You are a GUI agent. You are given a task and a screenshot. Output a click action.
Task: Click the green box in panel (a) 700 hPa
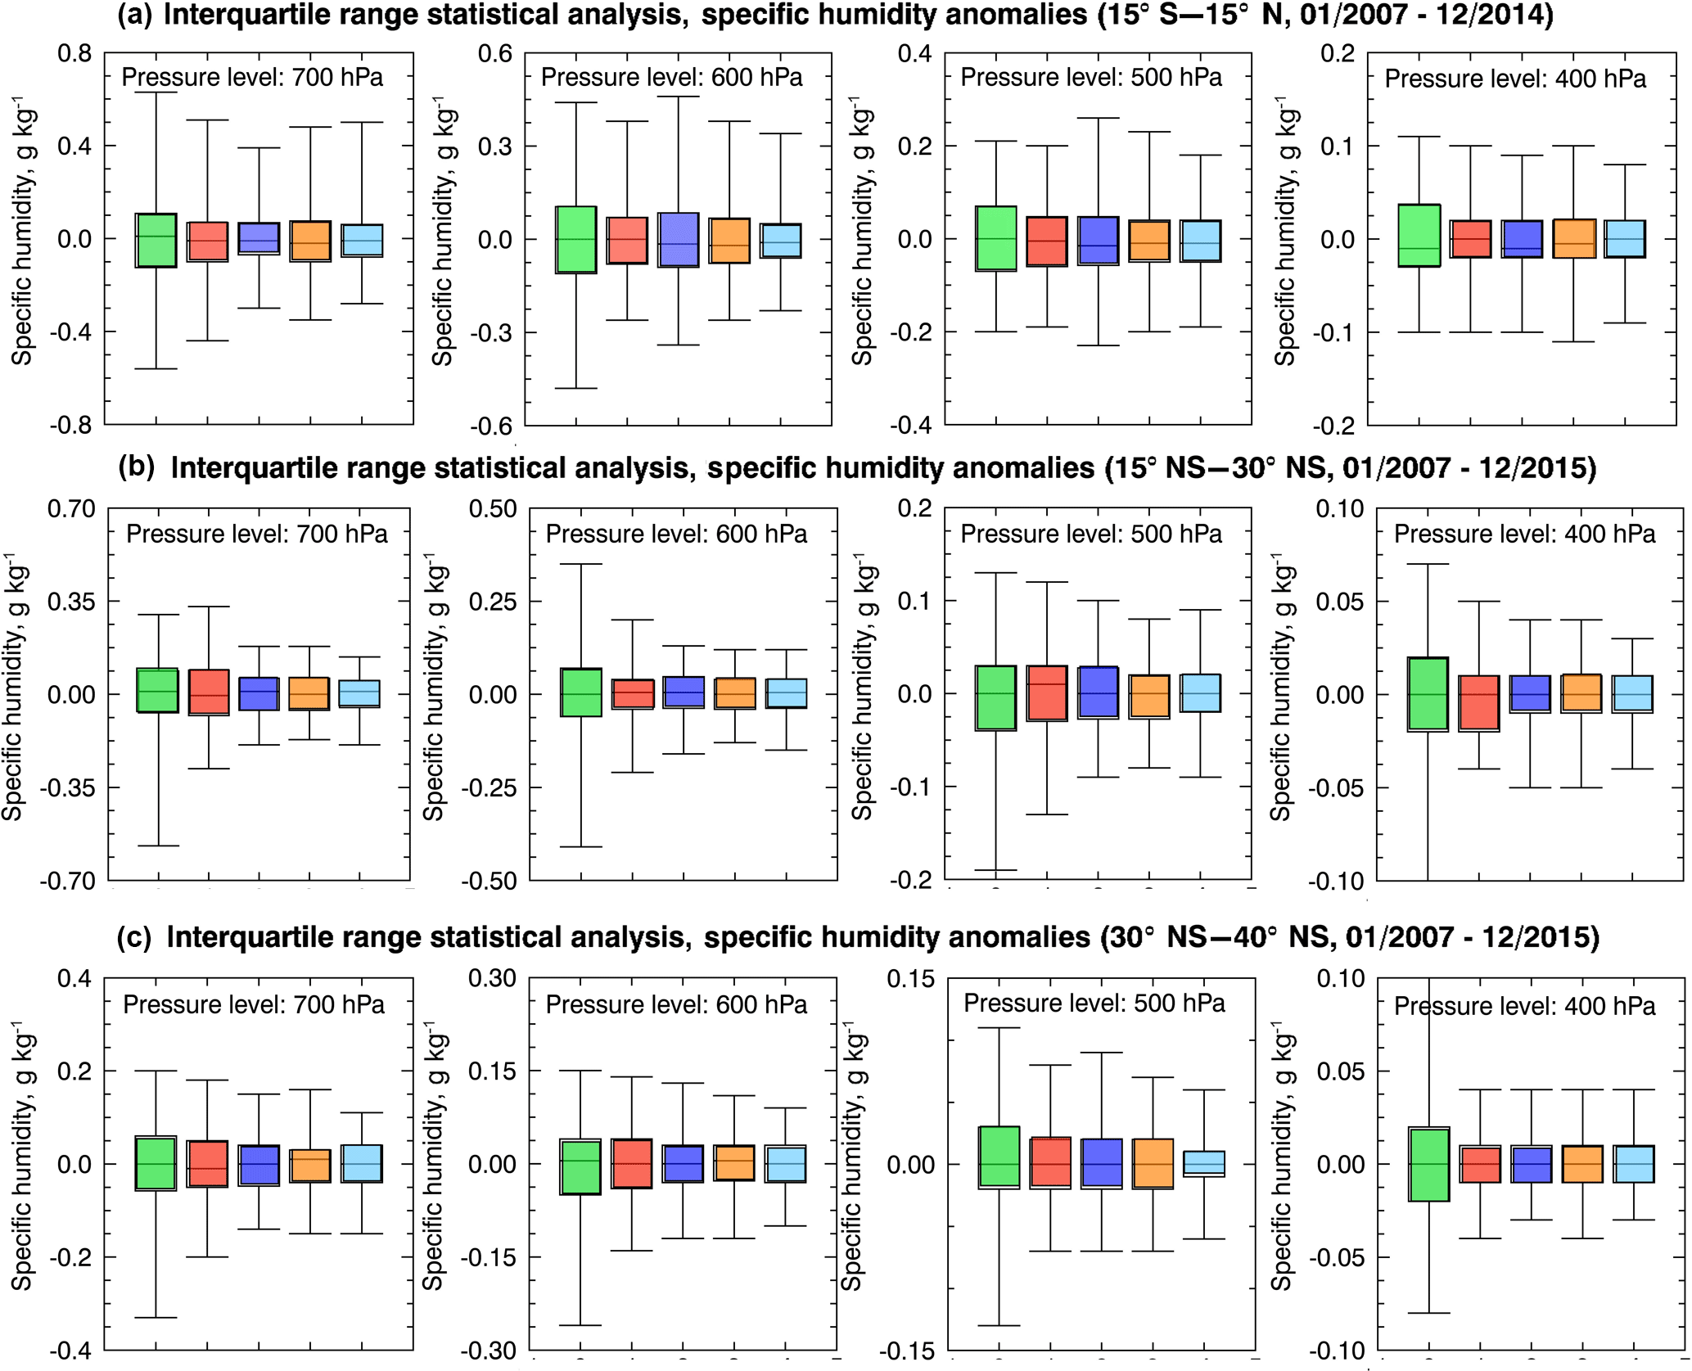pos(156,240)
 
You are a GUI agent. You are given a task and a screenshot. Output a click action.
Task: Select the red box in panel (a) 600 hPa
pos(627,240)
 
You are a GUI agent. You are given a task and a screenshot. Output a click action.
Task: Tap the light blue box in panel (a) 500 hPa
pos(1200,241)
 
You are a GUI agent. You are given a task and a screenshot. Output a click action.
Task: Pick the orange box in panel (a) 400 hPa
pos(1573,239)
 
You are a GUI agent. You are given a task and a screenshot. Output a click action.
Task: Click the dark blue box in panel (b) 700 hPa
pos(259,693)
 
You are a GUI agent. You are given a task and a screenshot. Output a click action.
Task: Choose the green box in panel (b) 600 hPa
pos(580,692)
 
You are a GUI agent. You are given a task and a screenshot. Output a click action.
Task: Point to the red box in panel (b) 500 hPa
pos(1047,692)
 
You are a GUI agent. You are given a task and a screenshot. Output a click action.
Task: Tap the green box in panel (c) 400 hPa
pos(1428,1164)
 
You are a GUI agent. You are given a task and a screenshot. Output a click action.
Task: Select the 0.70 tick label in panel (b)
pos(71,509)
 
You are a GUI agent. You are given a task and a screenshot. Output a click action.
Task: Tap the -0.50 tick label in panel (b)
pos(489,882)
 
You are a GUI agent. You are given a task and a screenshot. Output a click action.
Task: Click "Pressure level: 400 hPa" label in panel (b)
pos(1524,534)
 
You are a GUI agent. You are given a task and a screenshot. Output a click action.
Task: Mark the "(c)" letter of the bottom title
pos(133,938)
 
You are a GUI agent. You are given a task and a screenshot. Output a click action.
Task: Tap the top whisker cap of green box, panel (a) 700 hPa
pos(156,92)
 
